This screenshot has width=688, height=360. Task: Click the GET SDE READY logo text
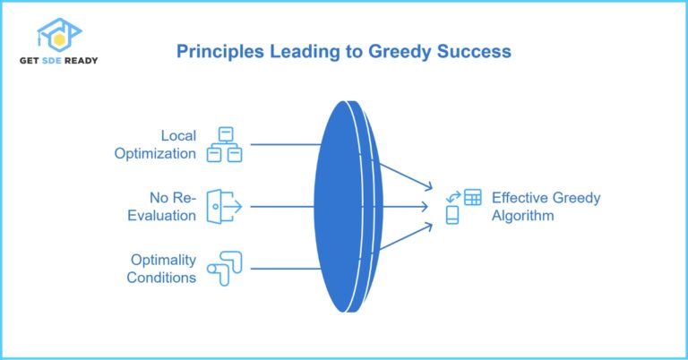click(x=60, y=60)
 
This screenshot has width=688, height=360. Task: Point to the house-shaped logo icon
click(x=59, y=33)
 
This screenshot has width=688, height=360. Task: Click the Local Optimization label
click(x=155, y=144)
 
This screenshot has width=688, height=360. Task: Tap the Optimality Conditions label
click(x=161, y=268)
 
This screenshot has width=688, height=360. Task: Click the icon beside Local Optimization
click(x=225, y=144)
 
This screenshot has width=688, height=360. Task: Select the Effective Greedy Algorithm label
click(x=546, y=206)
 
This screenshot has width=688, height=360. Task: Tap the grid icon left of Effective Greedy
click(x=472, y=197)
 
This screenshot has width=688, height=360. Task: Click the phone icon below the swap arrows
click(x=452, y=215)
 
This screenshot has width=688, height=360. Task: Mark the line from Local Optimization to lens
click(x=285, y=144)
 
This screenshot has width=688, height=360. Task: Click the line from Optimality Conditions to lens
click(x=285, y=268)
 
